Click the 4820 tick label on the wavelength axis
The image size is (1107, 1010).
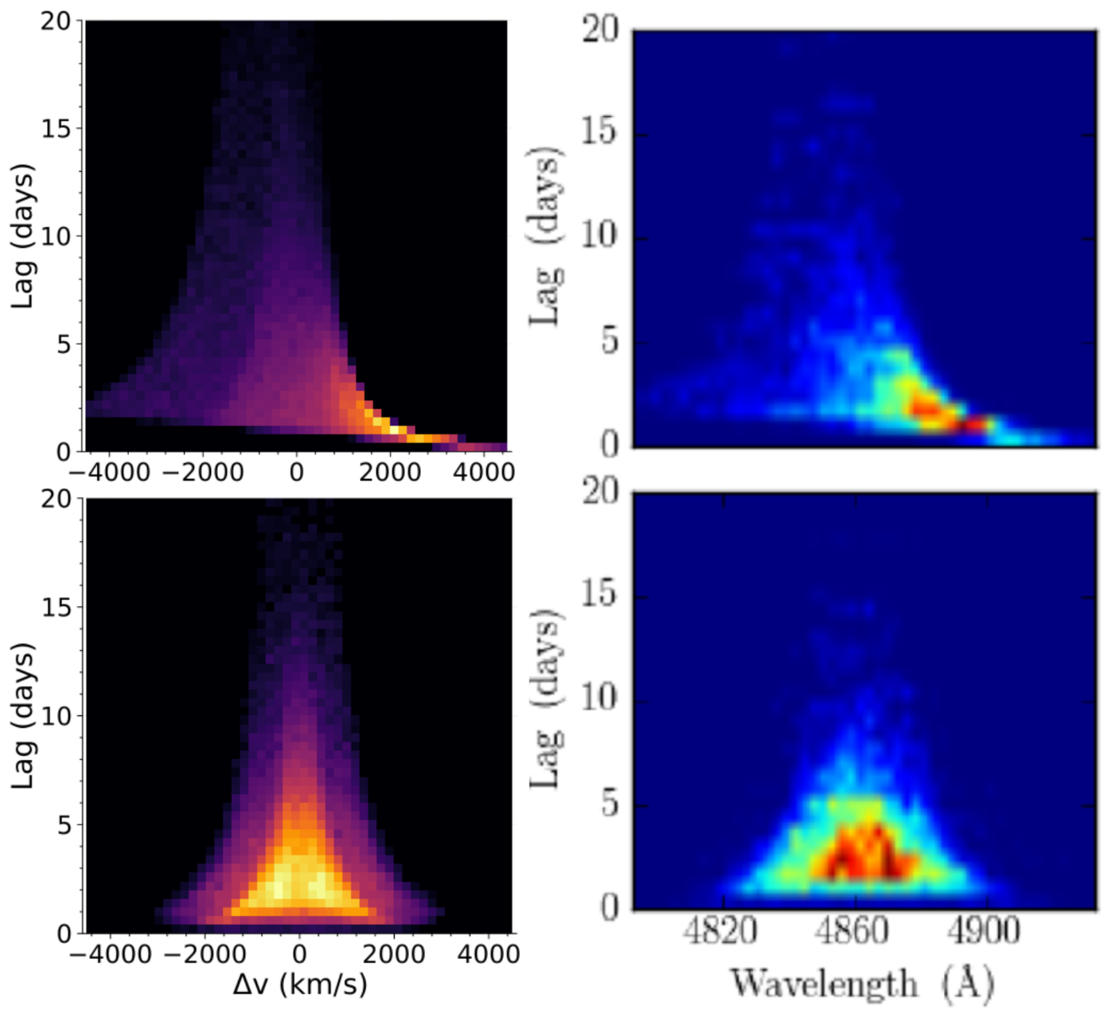pos(721,931)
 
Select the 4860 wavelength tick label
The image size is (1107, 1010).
pos(852,931)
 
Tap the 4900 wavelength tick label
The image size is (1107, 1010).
pos(984,931)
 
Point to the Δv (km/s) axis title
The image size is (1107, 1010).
pos(300,985)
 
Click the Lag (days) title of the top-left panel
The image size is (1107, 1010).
pos(24,236)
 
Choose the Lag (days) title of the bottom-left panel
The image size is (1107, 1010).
pos(24,715)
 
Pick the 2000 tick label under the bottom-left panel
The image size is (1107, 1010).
pos(393,953)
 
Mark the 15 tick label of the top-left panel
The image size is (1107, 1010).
pos(56,128)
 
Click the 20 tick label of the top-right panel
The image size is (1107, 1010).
pos(599,30)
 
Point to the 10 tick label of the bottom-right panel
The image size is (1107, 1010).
pos(599,699)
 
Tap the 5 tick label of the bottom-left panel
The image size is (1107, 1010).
pos(64,824)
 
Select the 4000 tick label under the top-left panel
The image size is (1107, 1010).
pos(483,472)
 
